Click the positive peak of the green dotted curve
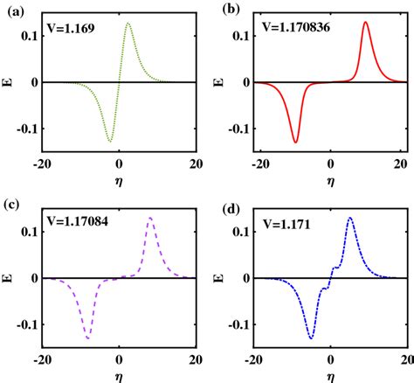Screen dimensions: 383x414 pyautogui.click(x=128, y=24)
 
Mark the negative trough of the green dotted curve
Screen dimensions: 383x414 pyautogui.click(x=110, y=140)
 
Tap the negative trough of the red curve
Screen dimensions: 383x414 pyautogui.click(x=295, y=142)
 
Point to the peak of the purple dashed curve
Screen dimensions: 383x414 pyautogui.click(x=150, y=219)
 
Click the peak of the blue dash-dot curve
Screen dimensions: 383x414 pyautogui.click(x=349, y=219)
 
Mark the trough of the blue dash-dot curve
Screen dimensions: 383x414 pyautogui.click(x=311, y=338)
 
